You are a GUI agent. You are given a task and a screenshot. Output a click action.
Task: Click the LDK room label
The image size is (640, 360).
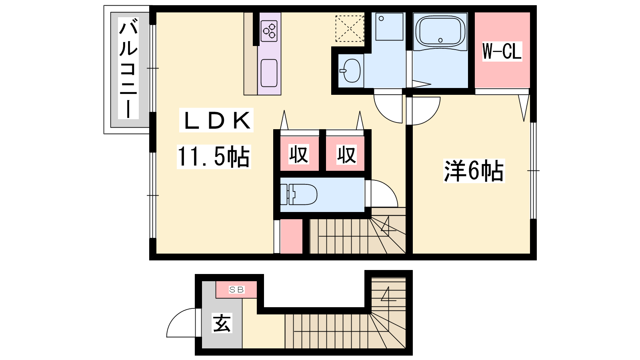216,120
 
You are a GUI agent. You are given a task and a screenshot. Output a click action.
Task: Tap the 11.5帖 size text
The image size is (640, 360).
214,156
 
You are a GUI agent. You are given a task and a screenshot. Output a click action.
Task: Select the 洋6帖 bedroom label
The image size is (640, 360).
474,171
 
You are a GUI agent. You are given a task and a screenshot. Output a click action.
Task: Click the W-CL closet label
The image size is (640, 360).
502,51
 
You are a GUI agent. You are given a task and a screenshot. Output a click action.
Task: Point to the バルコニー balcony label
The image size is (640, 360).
128,68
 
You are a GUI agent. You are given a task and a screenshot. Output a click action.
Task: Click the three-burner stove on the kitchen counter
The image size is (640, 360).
269,31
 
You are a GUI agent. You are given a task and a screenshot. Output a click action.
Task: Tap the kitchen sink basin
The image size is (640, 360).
269,73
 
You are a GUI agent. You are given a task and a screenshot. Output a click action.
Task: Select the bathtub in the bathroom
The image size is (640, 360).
440,32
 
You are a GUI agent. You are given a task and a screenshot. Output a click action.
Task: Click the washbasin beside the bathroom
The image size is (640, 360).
351,70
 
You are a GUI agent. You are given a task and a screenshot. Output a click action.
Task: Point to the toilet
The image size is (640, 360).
298,194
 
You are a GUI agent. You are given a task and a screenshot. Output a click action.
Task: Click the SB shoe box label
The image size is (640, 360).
236,290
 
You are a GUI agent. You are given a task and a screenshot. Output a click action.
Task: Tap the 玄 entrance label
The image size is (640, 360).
222,323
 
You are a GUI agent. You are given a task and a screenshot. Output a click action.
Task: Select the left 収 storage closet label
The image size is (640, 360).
298,154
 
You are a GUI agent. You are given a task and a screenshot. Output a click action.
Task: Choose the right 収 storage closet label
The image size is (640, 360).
346,154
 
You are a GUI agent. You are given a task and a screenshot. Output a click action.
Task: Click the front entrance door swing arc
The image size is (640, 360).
174,317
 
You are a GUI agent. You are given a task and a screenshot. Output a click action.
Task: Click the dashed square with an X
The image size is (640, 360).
350,28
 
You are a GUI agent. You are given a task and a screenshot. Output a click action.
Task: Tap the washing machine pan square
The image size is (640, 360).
389,26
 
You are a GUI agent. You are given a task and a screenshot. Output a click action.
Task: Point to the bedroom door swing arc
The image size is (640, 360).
432,116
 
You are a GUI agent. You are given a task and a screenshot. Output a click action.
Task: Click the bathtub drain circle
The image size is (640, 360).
440,40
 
